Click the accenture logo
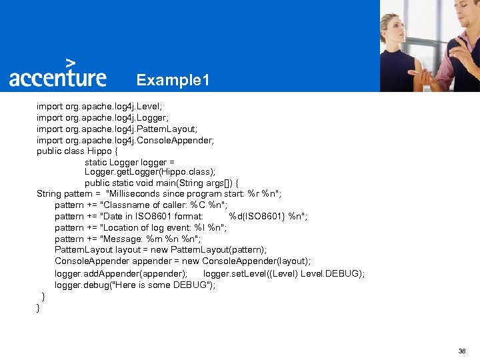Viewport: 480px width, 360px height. coord(57,77)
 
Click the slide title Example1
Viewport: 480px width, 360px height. coord(173,81)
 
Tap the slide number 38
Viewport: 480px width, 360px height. coord(462,351)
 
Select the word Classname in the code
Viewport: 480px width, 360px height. coord(126,205)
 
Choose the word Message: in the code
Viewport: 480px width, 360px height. coord(123,239)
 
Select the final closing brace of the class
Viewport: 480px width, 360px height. coord(39,307)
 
